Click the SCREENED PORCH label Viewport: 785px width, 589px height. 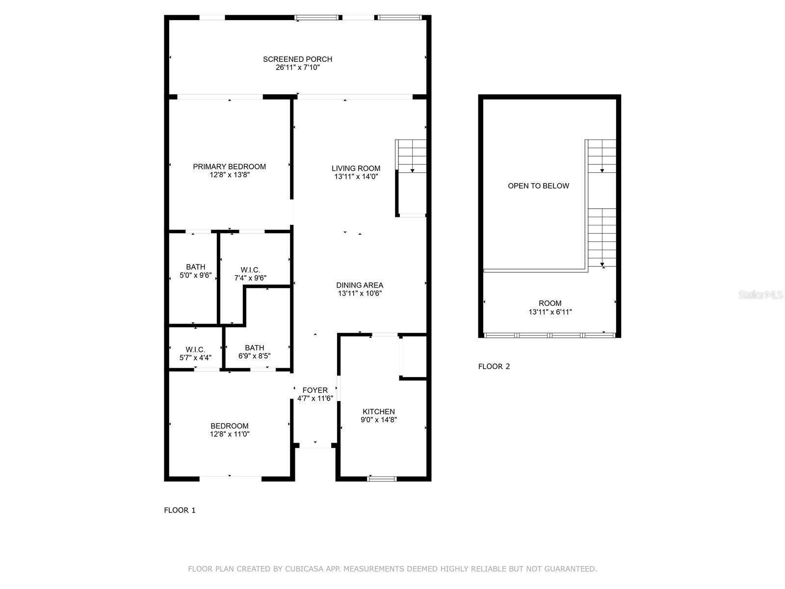point(297,59)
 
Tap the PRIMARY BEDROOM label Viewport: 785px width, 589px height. point(229,167)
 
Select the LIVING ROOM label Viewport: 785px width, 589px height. point(356,168)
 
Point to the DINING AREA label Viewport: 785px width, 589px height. point(360,285)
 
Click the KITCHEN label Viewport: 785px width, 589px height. point(378,412)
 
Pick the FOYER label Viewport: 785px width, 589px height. point(314,390)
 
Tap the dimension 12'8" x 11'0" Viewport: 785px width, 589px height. point(230,434)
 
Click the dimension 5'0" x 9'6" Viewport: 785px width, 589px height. point(195,275)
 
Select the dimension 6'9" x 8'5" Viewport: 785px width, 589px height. point(254,356)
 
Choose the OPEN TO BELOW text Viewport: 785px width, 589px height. point(538,186)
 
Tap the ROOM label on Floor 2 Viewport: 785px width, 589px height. point(550,303)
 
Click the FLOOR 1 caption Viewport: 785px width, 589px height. point(180,510)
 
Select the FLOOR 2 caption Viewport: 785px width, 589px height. point(494,366)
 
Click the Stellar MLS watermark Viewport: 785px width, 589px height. point(760,294)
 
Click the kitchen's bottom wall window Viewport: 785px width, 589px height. point(382,479)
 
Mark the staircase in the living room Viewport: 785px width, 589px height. point(411,156)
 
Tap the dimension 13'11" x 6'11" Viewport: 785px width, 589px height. point(550,312)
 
